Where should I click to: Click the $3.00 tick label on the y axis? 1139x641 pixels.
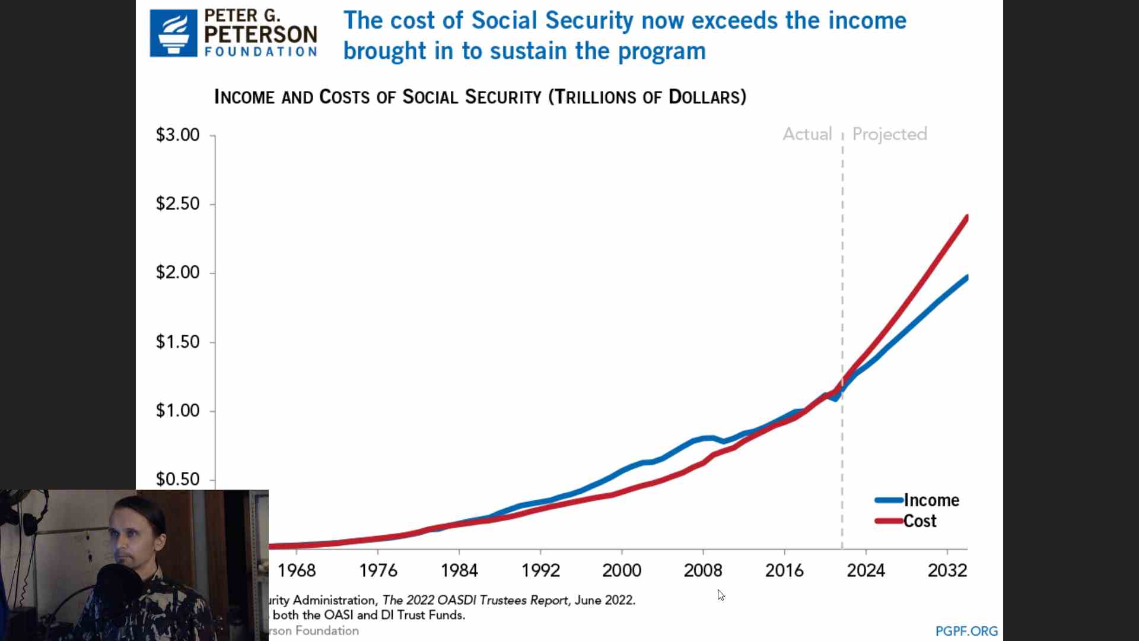pos(177,135)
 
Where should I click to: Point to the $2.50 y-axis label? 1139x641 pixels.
pos(177,204)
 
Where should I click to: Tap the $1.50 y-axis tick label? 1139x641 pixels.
pos(177,342)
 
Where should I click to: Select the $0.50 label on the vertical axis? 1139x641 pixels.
pos(177,479)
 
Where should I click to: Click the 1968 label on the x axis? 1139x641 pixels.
pos(297,570)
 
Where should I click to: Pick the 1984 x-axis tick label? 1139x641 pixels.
pos(459,570)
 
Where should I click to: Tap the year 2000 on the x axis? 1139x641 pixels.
pos(622,570)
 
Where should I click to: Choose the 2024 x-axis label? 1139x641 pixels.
pos(866,570)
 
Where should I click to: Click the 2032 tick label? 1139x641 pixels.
pos(947,570)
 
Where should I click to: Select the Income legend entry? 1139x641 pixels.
pos(931,500)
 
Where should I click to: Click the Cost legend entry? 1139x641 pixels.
pos(920,521)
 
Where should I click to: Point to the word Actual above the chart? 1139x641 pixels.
pos(807,134)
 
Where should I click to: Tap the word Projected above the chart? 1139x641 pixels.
pos(889,134)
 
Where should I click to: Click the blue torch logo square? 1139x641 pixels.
pos(173,33)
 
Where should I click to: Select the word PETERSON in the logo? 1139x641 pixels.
pos(260,34)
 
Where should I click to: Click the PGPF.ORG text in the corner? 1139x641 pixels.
pos(966,631)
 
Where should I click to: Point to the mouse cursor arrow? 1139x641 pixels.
pos(720,594)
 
